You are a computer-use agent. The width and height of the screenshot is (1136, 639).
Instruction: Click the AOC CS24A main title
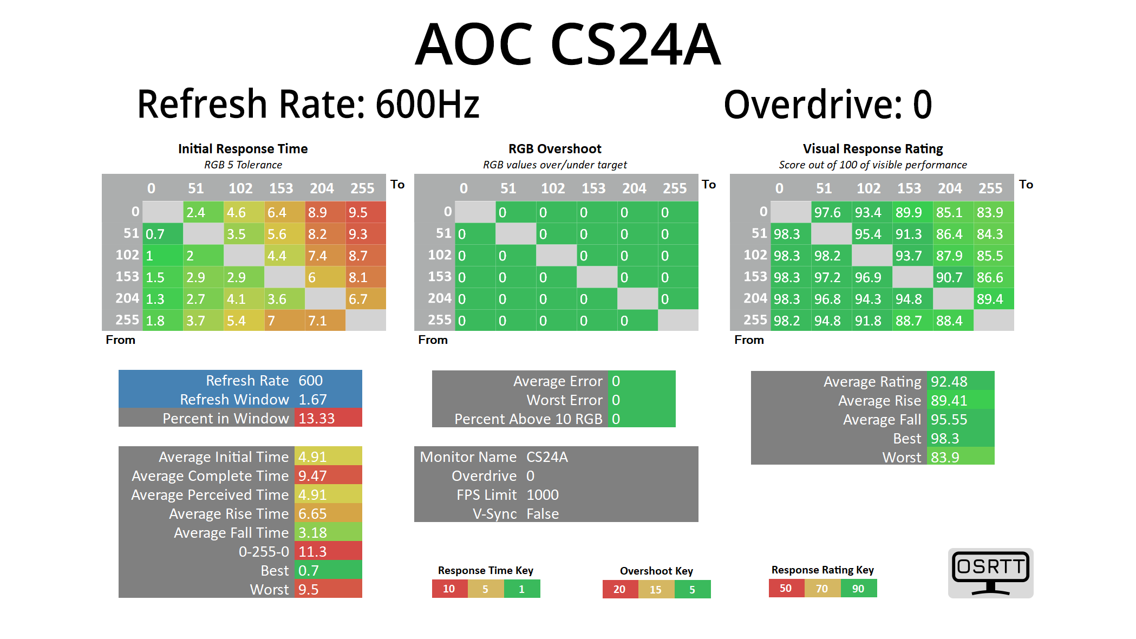click(x=567, y=44)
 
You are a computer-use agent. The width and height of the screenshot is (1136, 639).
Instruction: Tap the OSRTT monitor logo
click(x=990, y=572)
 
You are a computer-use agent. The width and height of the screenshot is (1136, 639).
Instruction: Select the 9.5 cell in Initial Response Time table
click(x=365, y=212)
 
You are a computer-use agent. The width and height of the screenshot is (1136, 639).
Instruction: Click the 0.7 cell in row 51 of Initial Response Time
click(x=162, y=234)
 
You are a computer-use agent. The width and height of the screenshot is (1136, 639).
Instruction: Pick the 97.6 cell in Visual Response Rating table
click(x=831, y=212)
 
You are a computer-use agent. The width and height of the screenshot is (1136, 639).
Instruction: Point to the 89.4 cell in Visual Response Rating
click(x=994, y=299)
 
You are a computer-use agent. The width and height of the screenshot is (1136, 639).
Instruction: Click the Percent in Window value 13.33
click(x=328, y=418)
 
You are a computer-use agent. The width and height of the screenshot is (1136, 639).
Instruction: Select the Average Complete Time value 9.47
click(x=328, y=475)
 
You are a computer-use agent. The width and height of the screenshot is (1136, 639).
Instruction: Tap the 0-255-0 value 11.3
click(x=328, y=551)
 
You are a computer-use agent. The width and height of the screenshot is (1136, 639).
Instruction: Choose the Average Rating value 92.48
click(x=960, y=381)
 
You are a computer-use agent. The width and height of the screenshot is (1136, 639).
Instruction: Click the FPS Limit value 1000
click(x=543, y=494)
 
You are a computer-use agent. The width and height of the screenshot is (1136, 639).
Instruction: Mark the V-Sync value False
click(x=543, y=513)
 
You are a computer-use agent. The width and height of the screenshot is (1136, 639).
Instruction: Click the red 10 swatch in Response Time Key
click(x=449, y=589)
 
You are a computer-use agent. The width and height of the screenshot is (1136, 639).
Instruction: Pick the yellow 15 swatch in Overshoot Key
click(x=656, y=589)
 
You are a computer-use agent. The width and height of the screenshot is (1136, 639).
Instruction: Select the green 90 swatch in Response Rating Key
click(x=858, y=589)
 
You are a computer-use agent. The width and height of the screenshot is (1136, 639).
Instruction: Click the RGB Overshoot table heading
click(x=555, y=149)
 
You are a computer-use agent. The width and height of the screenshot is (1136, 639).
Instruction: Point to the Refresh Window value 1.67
click(x=328, y=399)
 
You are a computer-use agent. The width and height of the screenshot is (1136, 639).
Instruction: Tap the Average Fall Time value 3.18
click(x=328, y=532)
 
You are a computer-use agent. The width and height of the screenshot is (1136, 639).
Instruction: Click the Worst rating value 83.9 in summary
click(x=960, y=457)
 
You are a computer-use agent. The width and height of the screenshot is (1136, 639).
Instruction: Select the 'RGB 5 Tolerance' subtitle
click(x=243, y=165)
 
